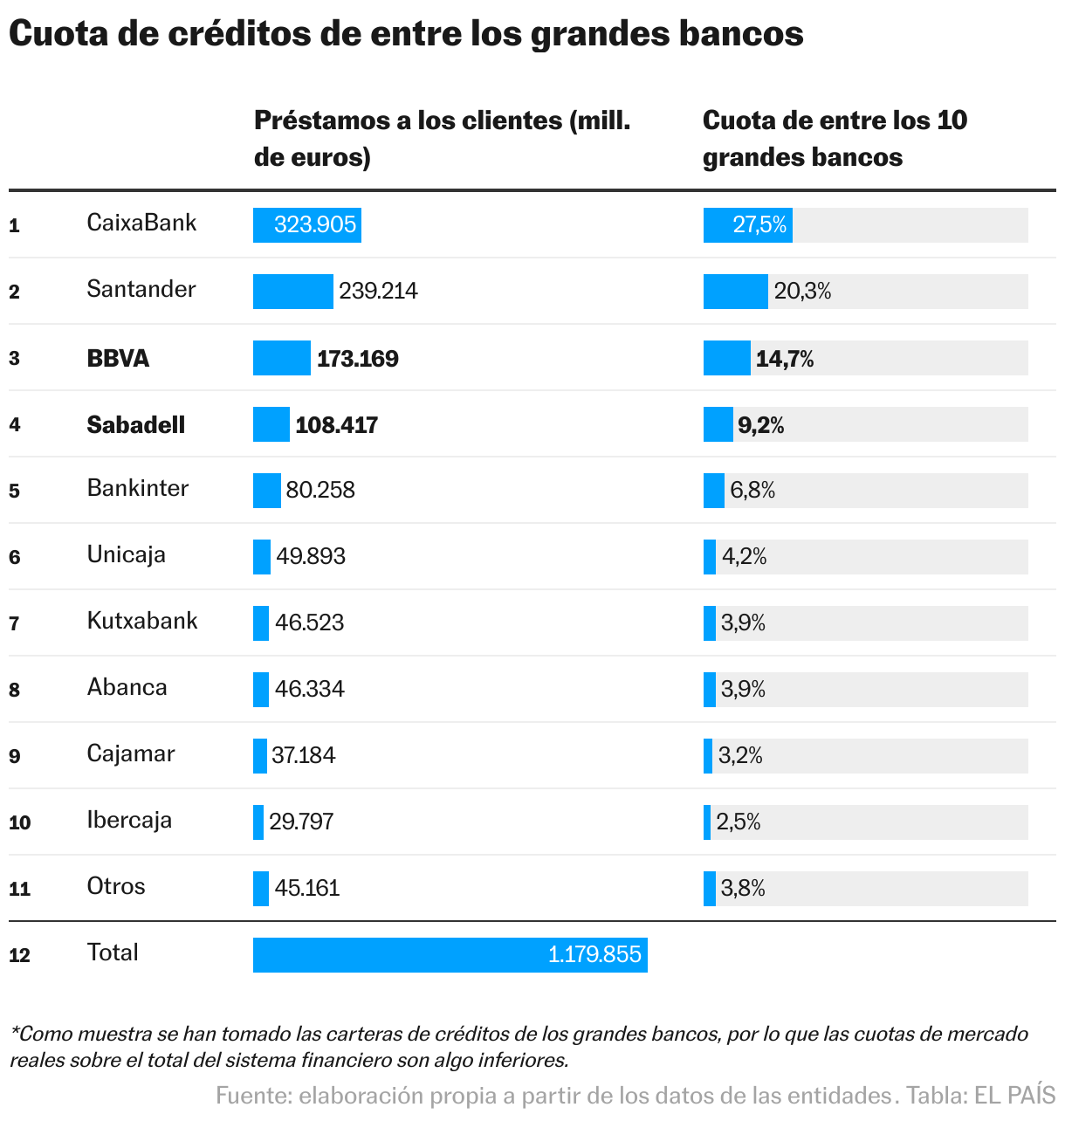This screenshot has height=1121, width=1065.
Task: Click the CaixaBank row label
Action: (x=141, y=223)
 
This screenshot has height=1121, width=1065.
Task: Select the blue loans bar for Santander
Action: (x=292, y=292)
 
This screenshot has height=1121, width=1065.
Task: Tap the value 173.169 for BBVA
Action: (x=357, y=359)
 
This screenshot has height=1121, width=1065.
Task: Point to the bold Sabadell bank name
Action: (x=136, y=425)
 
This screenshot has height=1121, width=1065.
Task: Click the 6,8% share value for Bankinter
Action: (x=752, y=491)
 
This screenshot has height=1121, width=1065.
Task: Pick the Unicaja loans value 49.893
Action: (x=311, y=557)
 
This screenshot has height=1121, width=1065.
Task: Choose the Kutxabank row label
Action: (x=142, y=621)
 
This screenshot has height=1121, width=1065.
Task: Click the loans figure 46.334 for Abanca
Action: (x=309, y=690)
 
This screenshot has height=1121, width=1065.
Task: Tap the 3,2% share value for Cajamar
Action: (x=740, y=756)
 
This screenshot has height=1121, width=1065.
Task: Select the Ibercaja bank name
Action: (x=129, y=820)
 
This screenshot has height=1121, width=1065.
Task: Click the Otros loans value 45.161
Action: (x=307, y=889)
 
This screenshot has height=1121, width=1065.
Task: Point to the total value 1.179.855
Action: (x=594, y=955)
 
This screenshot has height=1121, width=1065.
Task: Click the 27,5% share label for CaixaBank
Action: (x=759, y=225)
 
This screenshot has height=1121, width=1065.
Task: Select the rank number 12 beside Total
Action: (x=19, y=955)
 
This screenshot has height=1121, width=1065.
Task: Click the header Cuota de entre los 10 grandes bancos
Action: (x=835, y=138)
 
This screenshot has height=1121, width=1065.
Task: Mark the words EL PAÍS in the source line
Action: (x=1014, y=1096)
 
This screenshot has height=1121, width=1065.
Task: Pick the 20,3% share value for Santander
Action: (x=802, y=292)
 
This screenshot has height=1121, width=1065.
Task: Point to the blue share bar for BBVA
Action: (x=726, y=359)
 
